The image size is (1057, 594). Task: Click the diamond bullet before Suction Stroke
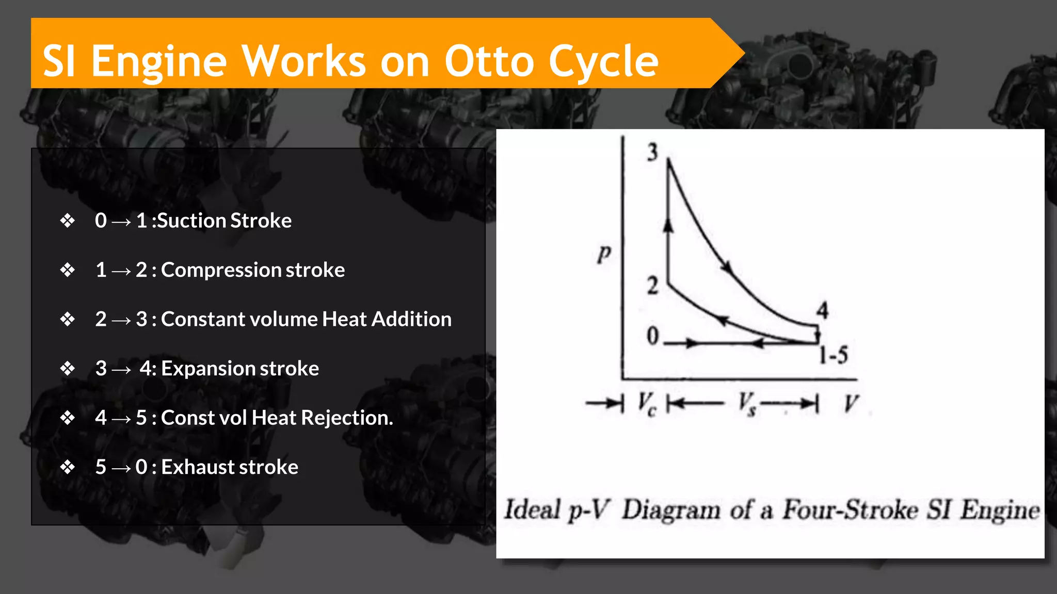coord(67,221)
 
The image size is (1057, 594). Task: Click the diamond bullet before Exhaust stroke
coord(67,467)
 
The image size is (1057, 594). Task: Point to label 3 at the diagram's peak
coord(652,152)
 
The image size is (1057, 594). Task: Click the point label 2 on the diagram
coord(652,285)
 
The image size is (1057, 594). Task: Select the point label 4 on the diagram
coord(822,310)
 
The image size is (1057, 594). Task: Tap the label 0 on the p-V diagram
coord(653,336)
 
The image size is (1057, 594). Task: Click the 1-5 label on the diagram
coord(834,355)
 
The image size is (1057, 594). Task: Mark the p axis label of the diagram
coord(604,254)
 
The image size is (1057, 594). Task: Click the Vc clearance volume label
coord(647,404)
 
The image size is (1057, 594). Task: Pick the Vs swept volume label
coord(747,404)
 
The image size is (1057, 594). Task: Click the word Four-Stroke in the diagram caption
coord(851,510)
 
